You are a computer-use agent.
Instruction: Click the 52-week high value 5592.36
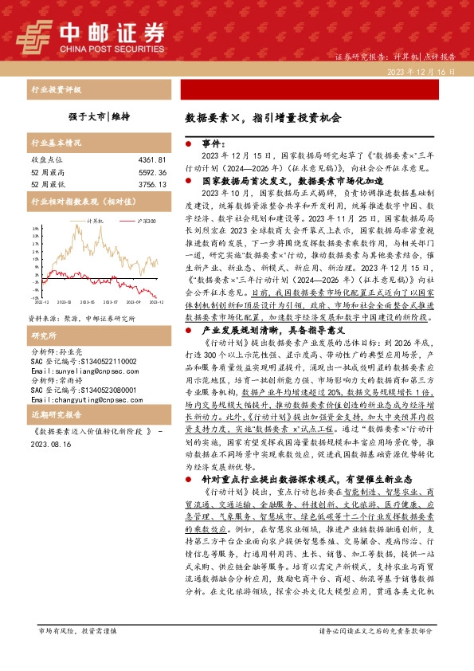click(x=152, y=171)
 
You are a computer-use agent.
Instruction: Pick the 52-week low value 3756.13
click(x=152, y=183)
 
